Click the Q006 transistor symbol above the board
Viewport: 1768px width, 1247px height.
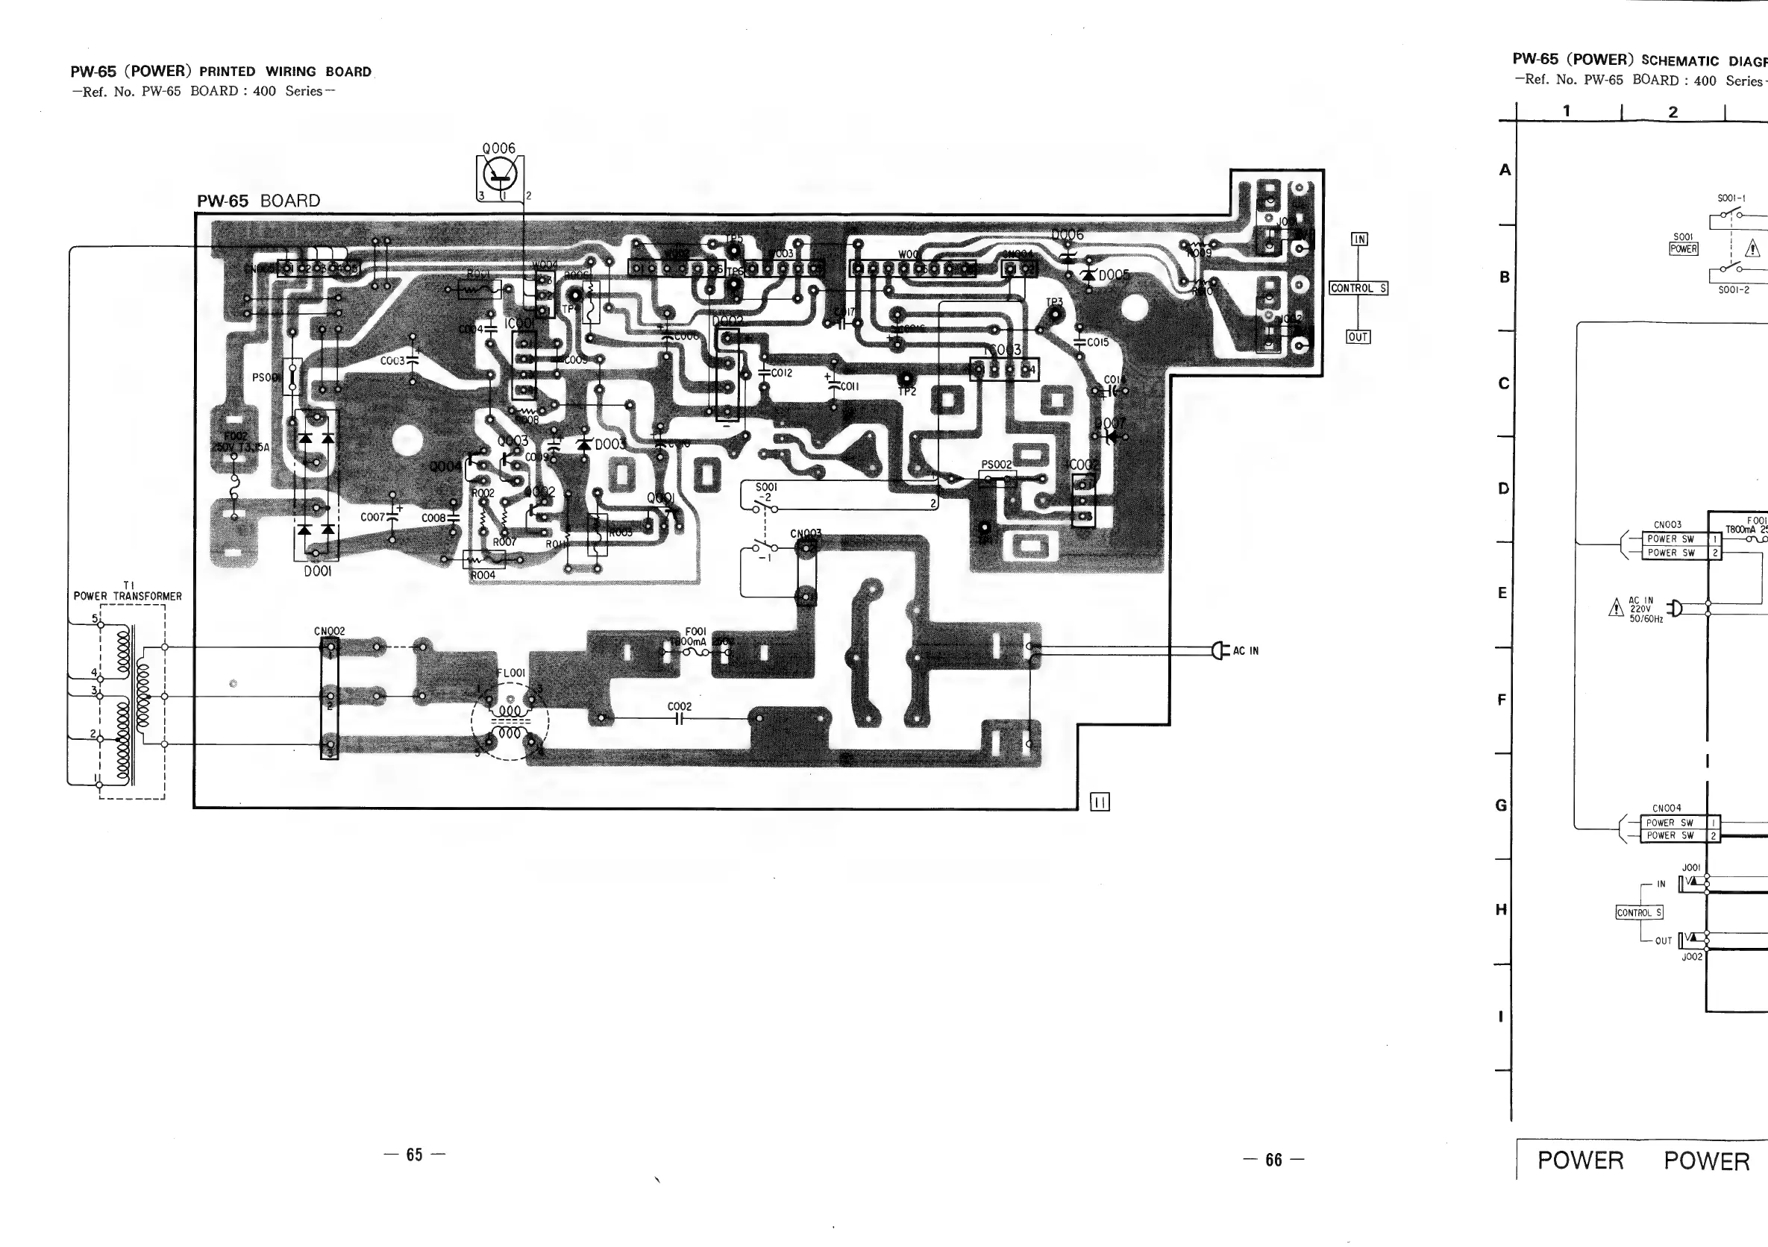coord(501,174)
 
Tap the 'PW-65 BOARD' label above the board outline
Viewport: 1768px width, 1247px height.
coord(259,201)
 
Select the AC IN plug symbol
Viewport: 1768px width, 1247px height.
coord(1217,650)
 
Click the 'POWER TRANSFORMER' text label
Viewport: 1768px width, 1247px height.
coord(128,596)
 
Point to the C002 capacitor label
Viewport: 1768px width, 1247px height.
coord(679,706)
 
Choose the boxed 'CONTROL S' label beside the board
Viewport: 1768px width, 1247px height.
coord(1358,288)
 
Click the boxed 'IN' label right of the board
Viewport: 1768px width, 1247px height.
coord(1360,239)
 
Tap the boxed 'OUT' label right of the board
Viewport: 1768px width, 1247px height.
coord(1358,336)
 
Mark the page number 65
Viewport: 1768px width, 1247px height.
coord(414,1155)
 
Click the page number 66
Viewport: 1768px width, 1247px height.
coord(1273,1159)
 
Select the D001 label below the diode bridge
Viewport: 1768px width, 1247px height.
coord(317,571)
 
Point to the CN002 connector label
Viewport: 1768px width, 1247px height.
coord(330,631)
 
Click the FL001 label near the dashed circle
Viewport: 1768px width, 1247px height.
coord(511,673)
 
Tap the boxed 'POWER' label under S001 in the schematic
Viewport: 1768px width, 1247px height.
coord(1683,248)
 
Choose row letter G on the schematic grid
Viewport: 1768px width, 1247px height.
coord(1501,805)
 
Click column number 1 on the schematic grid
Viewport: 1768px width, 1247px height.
coord(1567,111)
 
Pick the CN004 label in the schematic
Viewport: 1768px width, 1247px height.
coord(1667,808)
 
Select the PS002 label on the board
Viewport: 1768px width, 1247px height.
coord(997,464)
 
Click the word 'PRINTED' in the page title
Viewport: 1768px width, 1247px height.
coord(228,72)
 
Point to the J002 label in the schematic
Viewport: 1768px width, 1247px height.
coord(1692,957)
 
